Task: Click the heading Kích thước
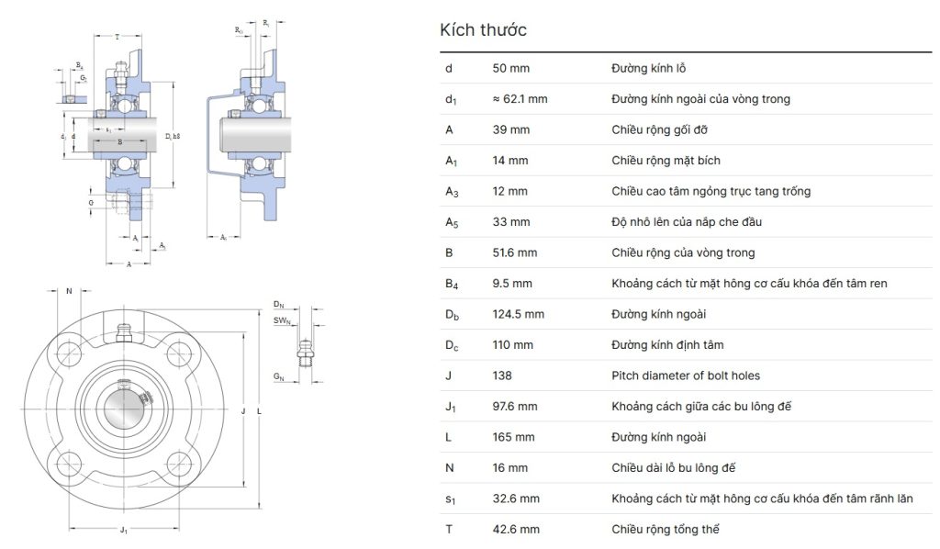[483, 30]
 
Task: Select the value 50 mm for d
[511, 68]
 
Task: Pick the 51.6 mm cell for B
[515, 252]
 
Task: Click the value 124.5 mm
[519, 314]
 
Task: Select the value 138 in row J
[502, 375]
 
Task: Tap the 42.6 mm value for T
[516, 529]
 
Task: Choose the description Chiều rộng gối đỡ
[660, 129]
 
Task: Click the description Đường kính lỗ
[649, 68]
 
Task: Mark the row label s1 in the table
[449, 499]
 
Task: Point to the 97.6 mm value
[515, 406]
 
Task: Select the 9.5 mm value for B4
[512, 284]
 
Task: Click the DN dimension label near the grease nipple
[279, 304]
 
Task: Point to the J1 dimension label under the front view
[124, 530]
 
